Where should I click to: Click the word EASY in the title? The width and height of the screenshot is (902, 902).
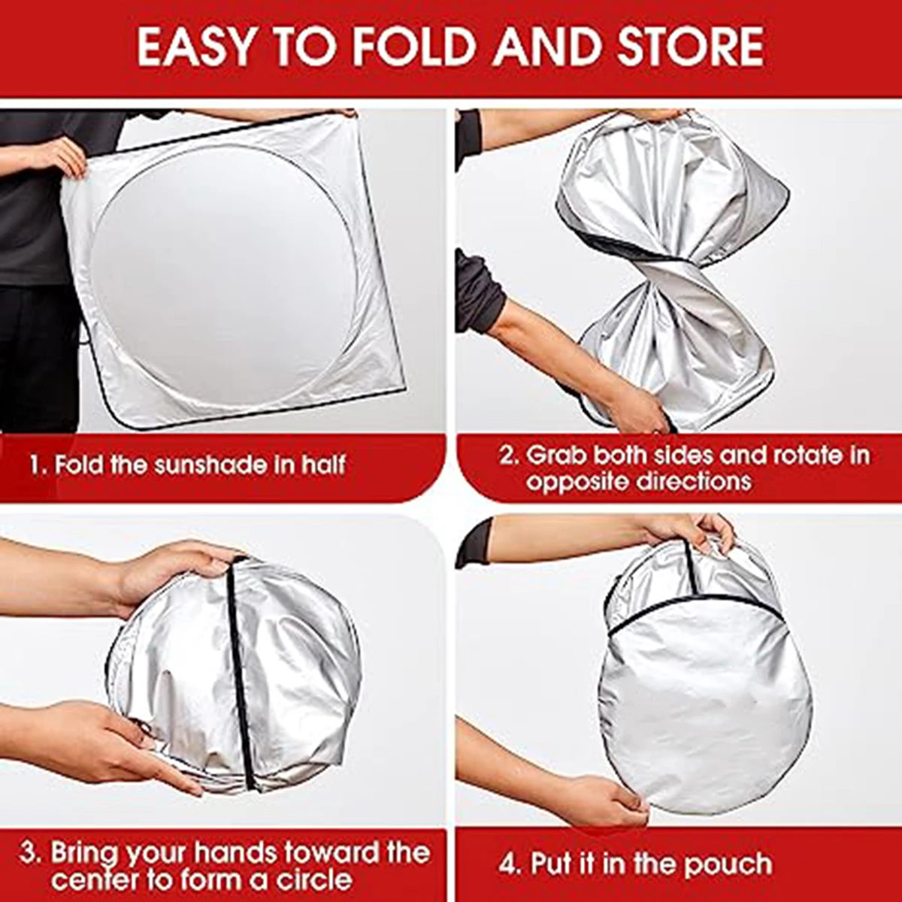[x=198, y=47]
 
